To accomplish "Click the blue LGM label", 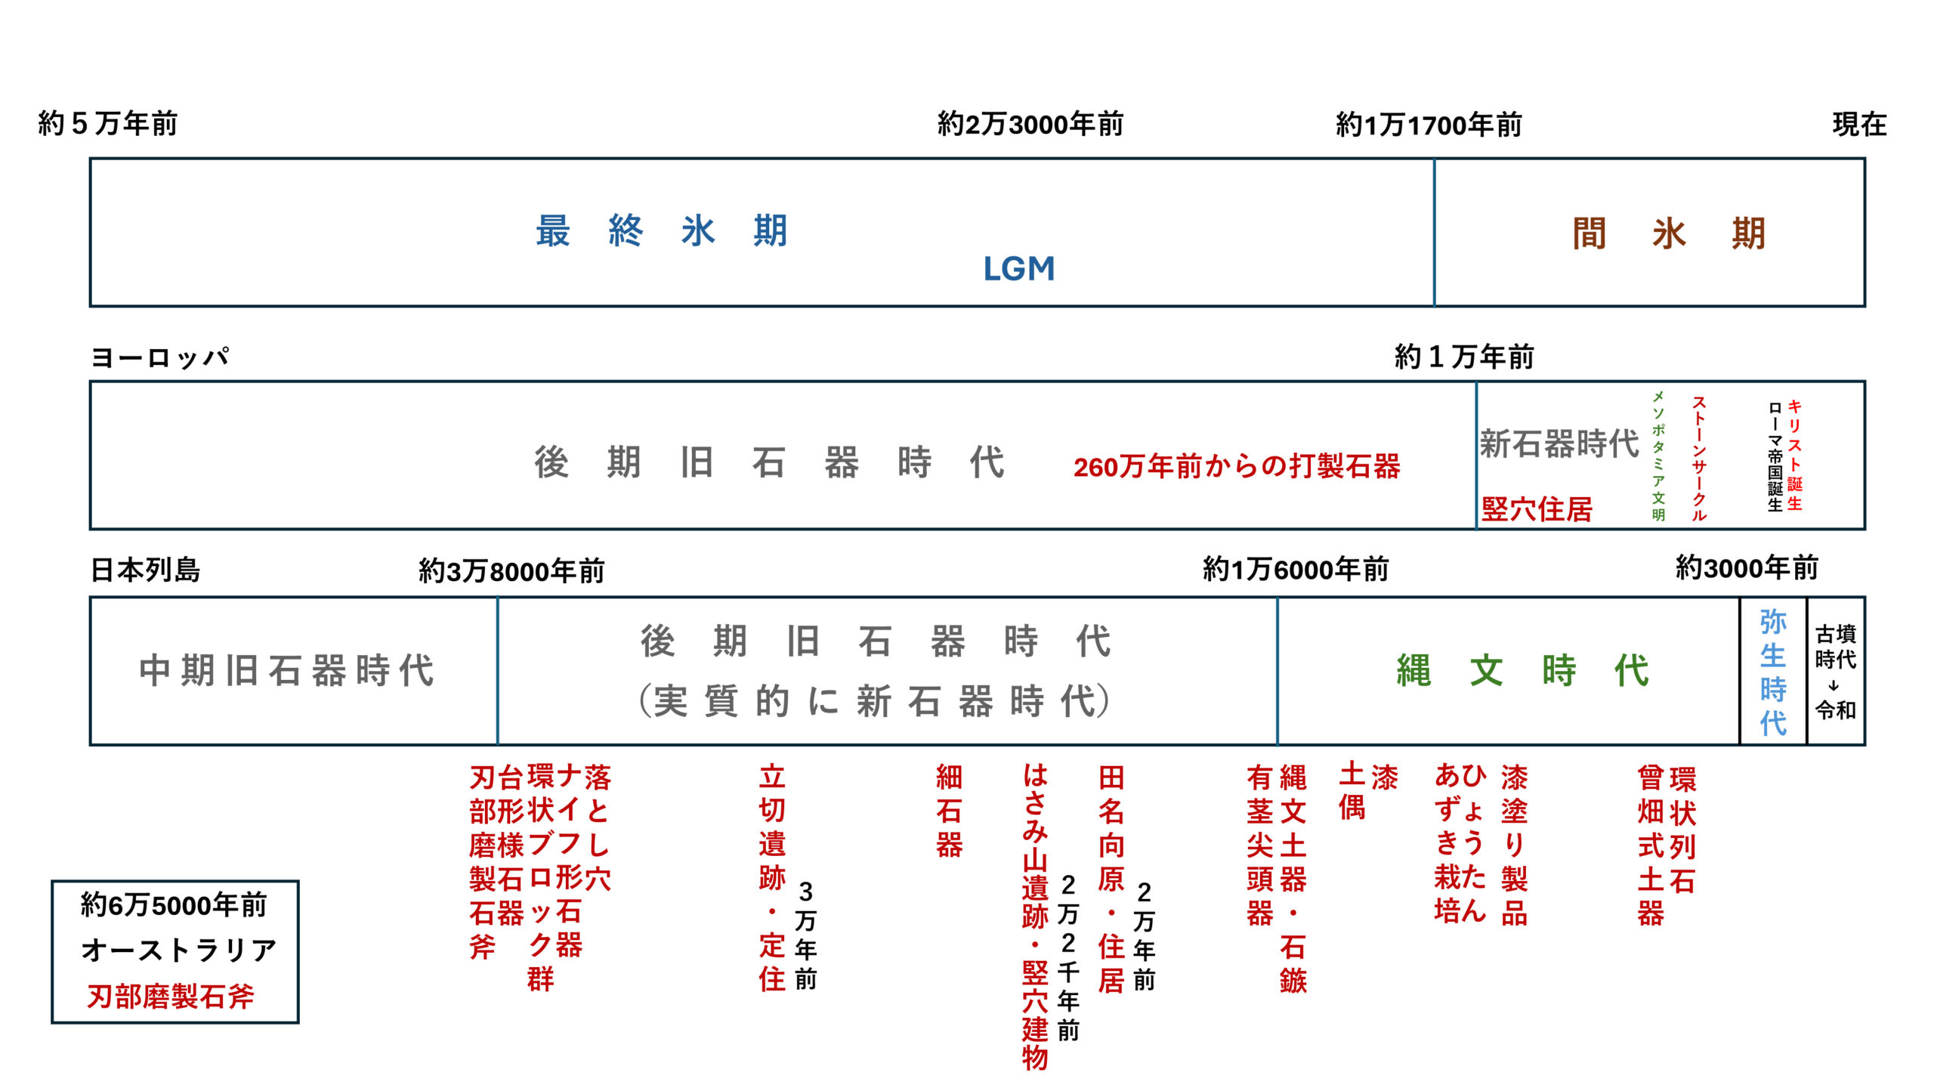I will point(1018,269).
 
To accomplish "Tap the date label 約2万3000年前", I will point(1030,124).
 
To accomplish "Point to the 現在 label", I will point(1858,124).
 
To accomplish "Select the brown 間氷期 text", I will point(1668,233).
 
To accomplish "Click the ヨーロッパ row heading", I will point(159,357).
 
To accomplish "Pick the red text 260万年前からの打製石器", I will point(1236,466).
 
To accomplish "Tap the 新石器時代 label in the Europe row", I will point(1559,444).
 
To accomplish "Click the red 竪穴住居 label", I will point(1537,508).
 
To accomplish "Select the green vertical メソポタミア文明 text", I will point(1658,456).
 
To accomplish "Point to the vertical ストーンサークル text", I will point(1698,458).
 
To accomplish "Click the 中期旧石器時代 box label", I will point(286,670).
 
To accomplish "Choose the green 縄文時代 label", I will point(1522,670).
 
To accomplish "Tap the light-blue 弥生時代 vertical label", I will point(1772,672).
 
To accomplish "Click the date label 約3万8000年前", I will point(511,571).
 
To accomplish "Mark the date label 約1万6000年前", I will point(1295,569).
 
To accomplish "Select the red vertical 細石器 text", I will point(949,811).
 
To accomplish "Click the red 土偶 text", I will point(1352,792).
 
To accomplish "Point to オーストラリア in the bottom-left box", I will point(178,950).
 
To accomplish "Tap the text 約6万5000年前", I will point(174,904).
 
